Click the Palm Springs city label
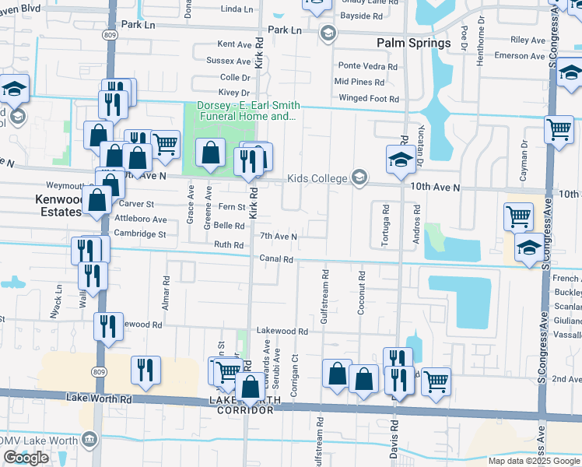pyautogui.click(x=413, y=43)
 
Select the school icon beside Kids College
pyautogui.click(x=359, y=178)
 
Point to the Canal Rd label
pyautogui.click(x=276, y=259)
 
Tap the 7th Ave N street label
pyautogui.click(x=279, y=237)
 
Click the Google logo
pyautogui.click(x=26, y=457)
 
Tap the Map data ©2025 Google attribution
pyautogui.click(x=533, y=461)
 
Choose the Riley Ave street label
pyautogui.click(x=528, y=40)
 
